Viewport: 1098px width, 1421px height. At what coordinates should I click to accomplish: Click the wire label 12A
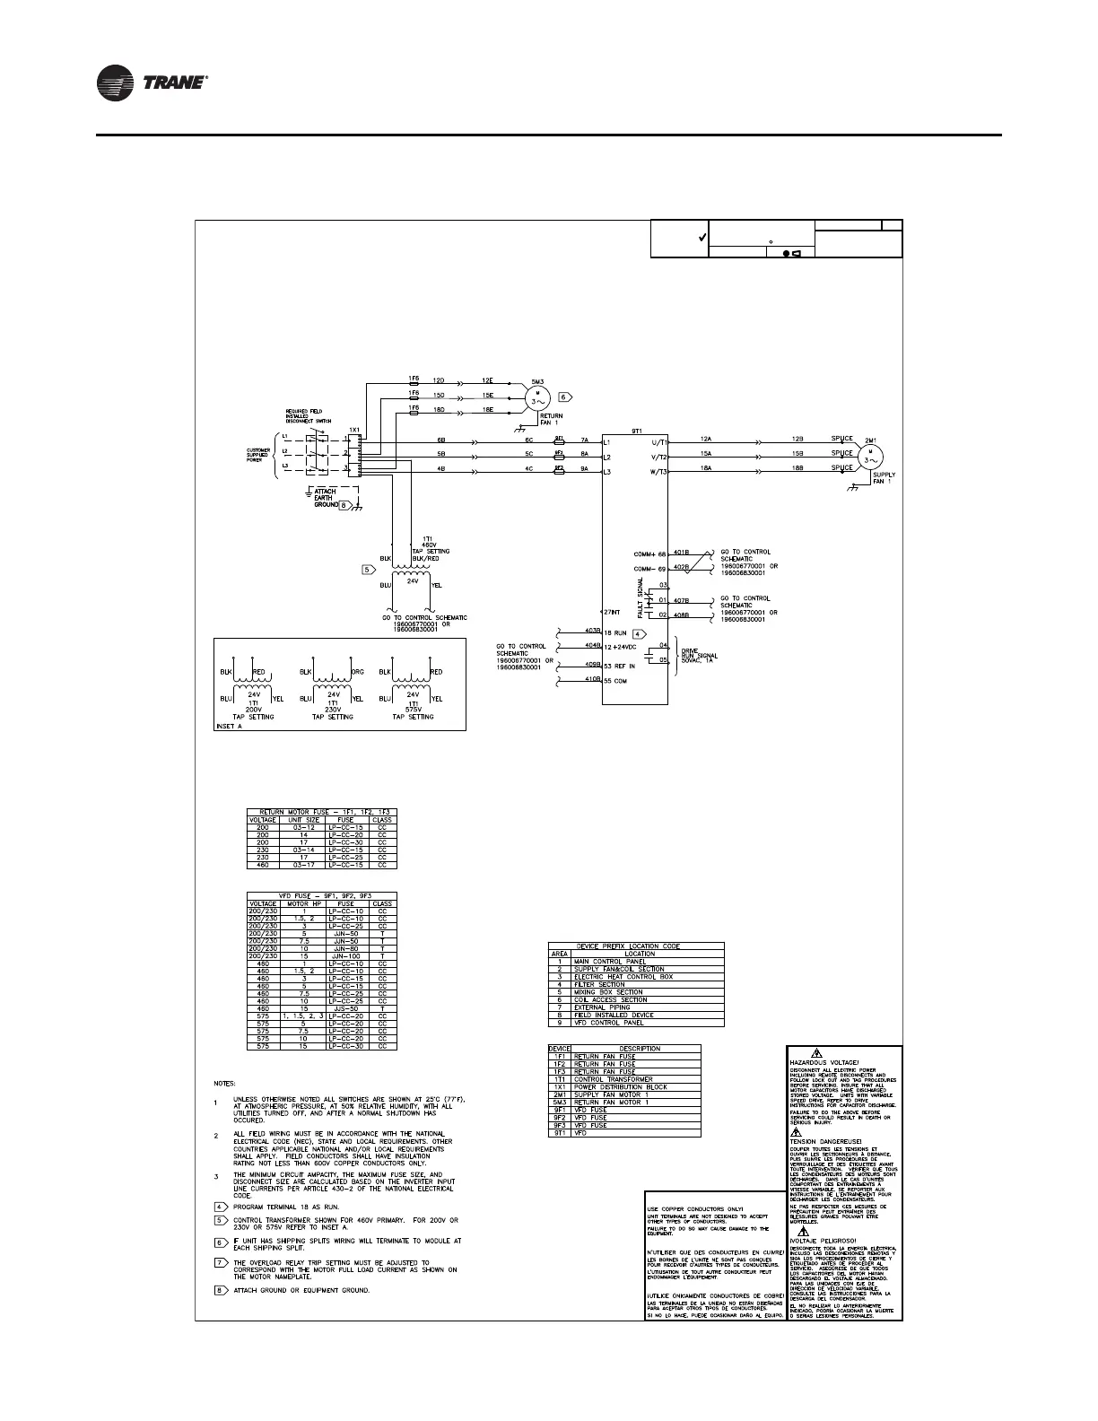pyautogui.click(x=707, y=438)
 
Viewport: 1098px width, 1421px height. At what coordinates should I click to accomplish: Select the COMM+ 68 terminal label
pyautogui.click(x=649, y=554)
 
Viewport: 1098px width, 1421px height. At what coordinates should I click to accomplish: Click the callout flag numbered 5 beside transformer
pyautogui.click(x=368, y=569)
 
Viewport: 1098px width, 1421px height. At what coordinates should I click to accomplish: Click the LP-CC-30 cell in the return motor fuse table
pyautogui.click(x=346, y=842)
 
